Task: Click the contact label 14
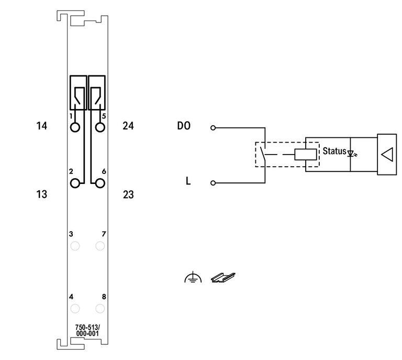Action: [x=41, y=126]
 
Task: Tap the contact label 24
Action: [x=128, y=126]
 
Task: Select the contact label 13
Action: [x=41, y=194]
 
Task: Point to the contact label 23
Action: [x=128, y=194]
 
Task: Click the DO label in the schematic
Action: [x=184, y=126]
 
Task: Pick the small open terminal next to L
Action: [x=213, y=183]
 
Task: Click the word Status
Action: [x=334, y=151]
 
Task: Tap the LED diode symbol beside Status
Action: [x=352, y=154]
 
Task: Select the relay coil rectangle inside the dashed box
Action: [x=306, y=155]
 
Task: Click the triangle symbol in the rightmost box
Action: [x=387, y=155]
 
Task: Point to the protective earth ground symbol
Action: [x=193, y=277]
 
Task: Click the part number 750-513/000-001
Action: [x=87, y=331]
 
